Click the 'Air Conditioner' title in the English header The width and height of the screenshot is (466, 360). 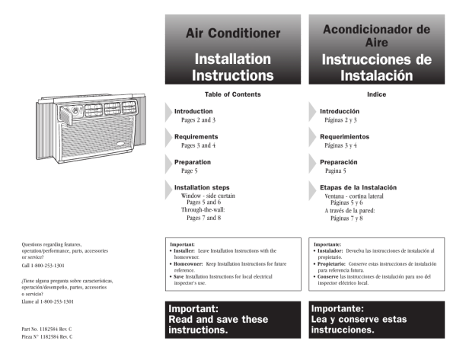pos(233,33)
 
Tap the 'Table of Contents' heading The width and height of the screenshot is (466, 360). pos(233,94)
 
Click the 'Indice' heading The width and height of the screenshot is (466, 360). pos(376,94)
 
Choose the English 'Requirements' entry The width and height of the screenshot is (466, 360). pos(196,136)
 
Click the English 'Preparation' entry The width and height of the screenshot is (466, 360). pos(193,162)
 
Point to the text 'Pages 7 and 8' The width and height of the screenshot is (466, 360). pos(201,218)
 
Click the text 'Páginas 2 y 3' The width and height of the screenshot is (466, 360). pos(340,120)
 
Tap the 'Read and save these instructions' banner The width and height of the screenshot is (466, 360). pos(233,320)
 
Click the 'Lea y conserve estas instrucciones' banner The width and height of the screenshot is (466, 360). pos(376,320)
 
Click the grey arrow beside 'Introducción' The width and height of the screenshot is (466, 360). pos(312,112)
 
